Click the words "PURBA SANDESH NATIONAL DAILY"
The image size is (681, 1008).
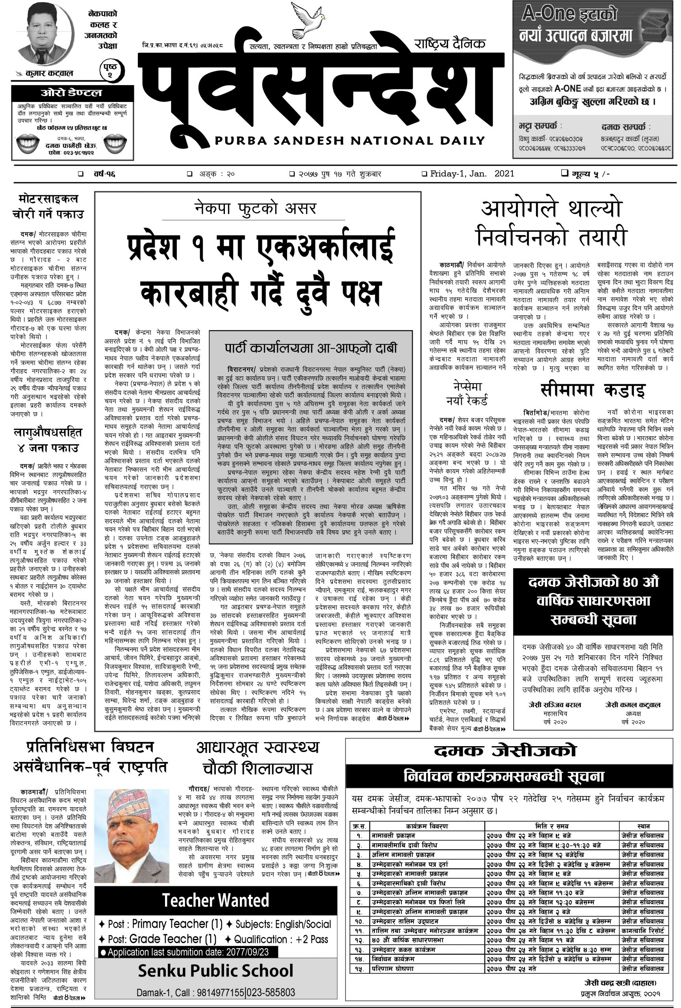[349, 141]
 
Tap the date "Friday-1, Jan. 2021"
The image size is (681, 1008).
[472, 174]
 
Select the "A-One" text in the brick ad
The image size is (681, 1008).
[548, 14]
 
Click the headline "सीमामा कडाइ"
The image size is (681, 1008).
[592, 390]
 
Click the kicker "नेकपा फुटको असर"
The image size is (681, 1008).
[256, 209]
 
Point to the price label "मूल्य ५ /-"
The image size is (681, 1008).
[586, 174]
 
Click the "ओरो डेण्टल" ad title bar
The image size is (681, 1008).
[72, 93]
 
